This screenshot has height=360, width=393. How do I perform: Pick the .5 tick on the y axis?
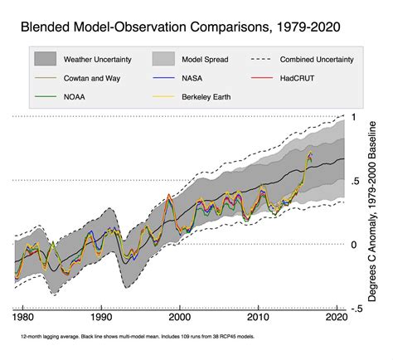(355, 181)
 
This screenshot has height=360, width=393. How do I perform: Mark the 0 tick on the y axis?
(354, 245)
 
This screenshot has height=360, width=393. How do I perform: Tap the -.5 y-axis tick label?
(357, 308)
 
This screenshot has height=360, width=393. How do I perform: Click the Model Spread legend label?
(205, 60)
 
